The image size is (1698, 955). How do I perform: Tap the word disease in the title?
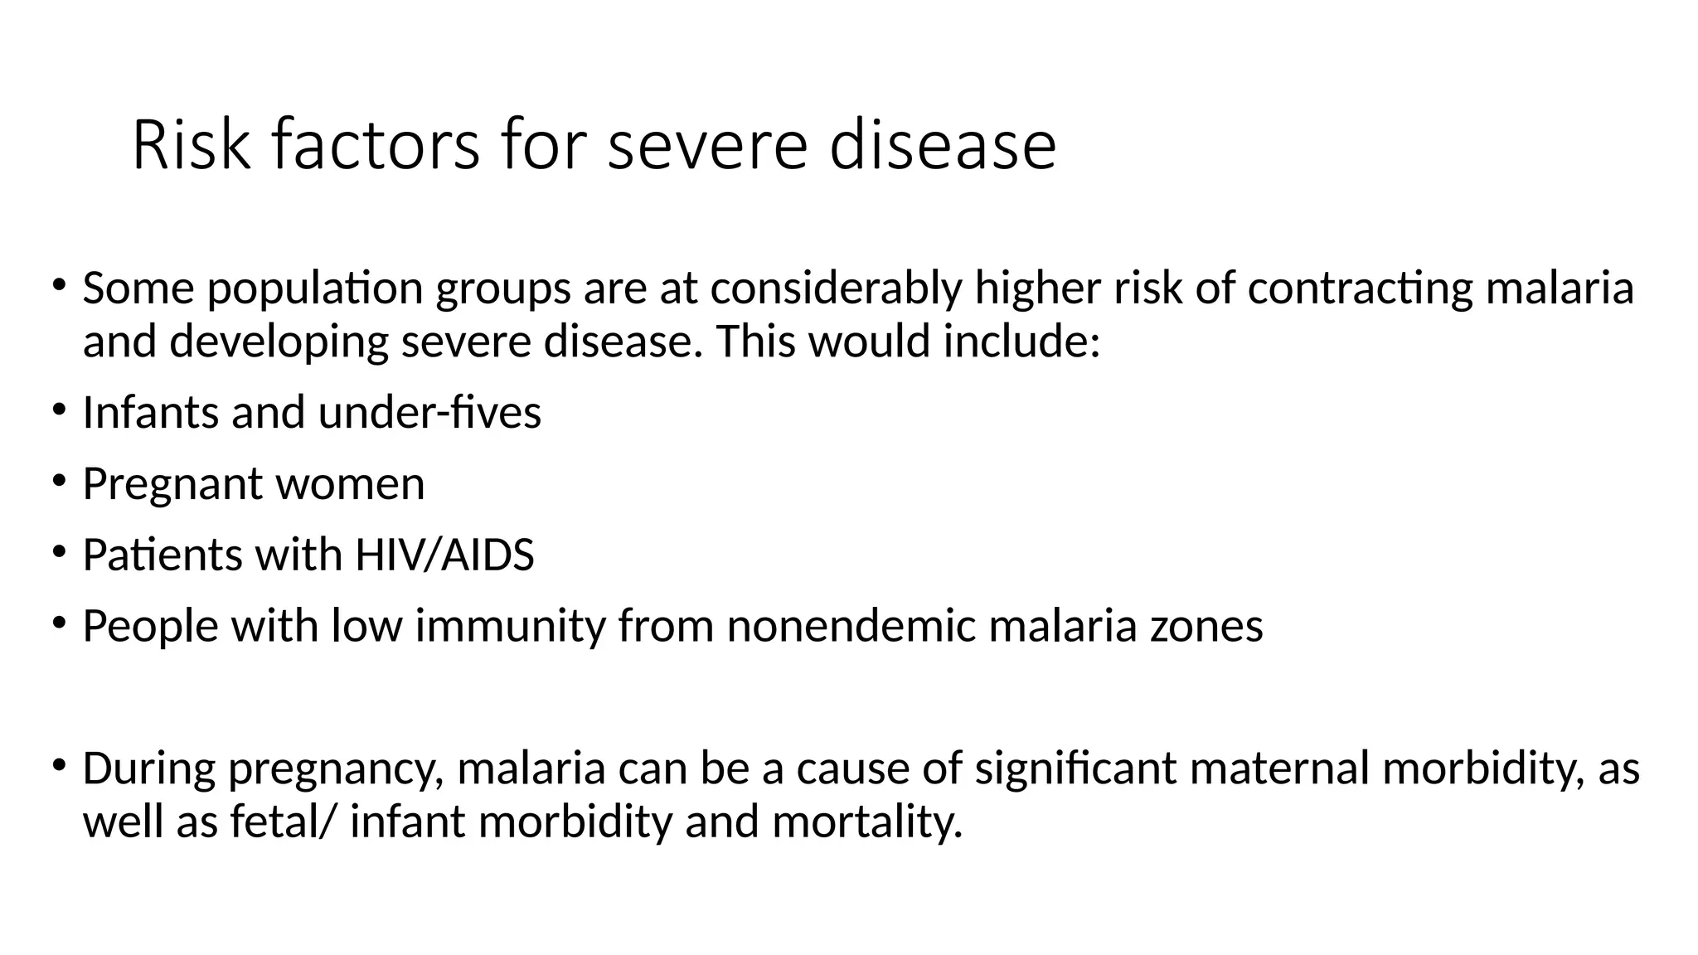coord(943,145)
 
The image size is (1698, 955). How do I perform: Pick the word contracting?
coord(1360,289)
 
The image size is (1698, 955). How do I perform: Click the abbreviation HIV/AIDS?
coord(444,555)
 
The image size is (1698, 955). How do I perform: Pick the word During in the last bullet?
coord(148,768)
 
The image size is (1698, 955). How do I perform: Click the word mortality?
coord(867,822)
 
